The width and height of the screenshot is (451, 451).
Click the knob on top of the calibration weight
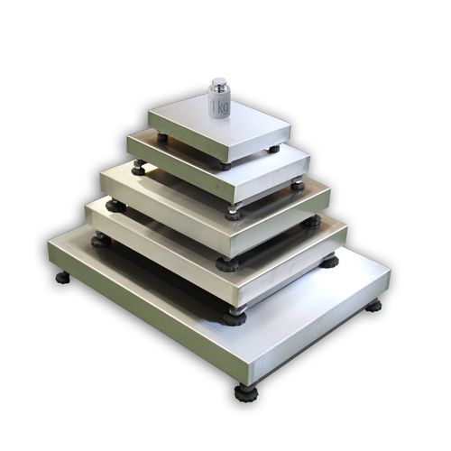219,83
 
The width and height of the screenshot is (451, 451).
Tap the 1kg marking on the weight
221,106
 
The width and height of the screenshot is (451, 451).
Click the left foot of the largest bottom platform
62,277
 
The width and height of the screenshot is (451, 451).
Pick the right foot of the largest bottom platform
373,306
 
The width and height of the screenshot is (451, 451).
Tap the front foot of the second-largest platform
235,317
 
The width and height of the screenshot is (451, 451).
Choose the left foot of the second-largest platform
101,241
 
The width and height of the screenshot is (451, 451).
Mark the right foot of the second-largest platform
328,261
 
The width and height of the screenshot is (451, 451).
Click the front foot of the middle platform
227,263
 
